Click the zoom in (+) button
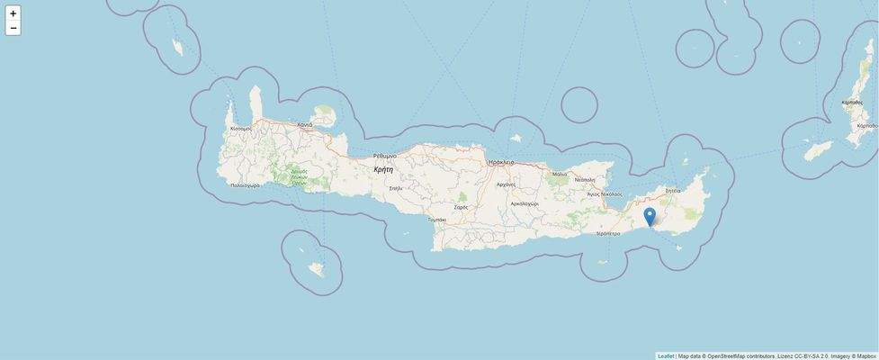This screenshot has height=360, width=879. click(13, 13)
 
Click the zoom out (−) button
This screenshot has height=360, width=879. click(13, 28)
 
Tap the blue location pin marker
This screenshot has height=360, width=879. click(650, 217)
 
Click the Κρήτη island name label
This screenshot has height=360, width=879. click(383, 169)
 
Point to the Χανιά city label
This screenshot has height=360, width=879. click(304, 124)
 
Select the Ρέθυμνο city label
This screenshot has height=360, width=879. click(385, 156)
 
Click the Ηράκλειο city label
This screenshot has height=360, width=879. click(501, 162)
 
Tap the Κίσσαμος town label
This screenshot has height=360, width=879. click(241, 129)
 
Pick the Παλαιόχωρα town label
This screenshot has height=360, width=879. click(245, 185)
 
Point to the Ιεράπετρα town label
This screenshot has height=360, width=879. click(608, 233)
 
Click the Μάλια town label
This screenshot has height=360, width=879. click(560, 175)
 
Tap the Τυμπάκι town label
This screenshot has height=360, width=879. click(437, 220)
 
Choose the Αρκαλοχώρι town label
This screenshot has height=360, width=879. click(524, 203)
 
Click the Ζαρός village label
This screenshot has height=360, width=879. click(461, 207)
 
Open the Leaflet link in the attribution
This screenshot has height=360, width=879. click(666, 355)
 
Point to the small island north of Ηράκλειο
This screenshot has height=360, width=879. click(516, 139)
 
